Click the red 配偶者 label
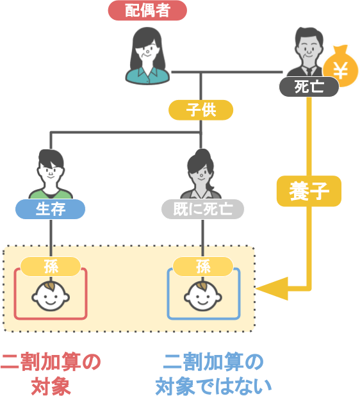147,10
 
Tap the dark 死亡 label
309,87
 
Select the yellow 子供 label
200,110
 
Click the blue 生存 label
50,209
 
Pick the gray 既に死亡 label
202,209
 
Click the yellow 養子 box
309,191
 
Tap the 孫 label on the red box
51,267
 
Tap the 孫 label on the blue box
203,267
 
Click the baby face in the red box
51,296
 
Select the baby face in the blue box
203,296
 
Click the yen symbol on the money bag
341,70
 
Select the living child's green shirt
51,194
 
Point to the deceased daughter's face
201,174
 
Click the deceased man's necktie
309,70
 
